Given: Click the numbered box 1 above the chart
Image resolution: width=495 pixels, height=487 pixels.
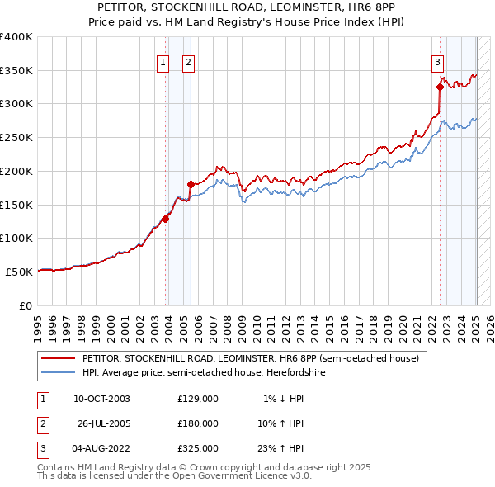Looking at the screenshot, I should click(x=163, y=60).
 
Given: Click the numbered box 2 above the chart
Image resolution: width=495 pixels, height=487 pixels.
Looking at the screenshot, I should click(x=188, y=60).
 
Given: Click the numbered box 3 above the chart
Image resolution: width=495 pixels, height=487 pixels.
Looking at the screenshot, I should click(x=436, y=60).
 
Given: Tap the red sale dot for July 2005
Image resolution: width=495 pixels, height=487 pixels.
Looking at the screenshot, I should click(x=191, y=184).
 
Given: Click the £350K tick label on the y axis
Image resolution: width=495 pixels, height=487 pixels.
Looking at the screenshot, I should click(x=16, y=70).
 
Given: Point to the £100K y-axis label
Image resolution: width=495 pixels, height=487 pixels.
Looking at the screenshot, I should click(x=16, y=238).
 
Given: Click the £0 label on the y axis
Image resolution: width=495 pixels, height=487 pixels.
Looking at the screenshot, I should click(x=26, y=305).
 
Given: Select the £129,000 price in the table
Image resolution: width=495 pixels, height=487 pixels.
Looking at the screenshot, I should click(x=197, y=399).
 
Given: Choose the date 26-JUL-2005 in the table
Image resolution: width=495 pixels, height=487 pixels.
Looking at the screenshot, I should click(x=105, y=423).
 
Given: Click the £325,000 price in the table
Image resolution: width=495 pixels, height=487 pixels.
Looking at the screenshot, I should click(x=197, y=448).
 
